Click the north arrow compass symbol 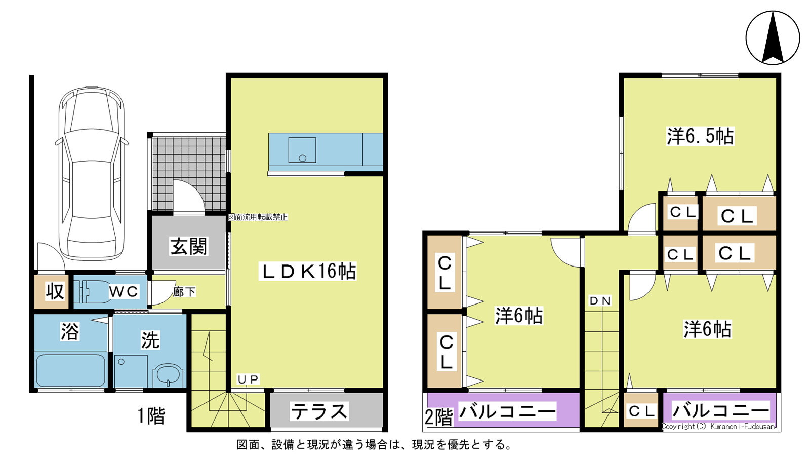tap(773, 37)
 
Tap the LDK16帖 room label tap(308, 271)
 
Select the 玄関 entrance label tap(189, 246)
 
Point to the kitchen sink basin tap(302, 150)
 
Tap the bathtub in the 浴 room tap(71, 370)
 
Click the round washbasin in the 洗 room tap(168, 375)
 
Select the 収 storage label tap(55, 291)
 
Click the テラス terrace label tap(319, 411)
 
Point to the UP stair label tap(248, 379)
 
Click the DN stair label tap(600, 301)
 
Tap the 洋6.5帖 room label tap(700, 136)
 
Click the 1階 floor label tap(151, 415)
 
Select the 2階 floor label tap(438, 417)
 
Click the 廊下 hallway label tap(184, 292)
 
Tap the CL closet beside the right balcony tap(642, 411)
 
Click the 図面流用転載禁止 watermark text tap(258, 217)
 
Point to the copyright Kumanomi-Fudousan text tap(718, 426)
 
